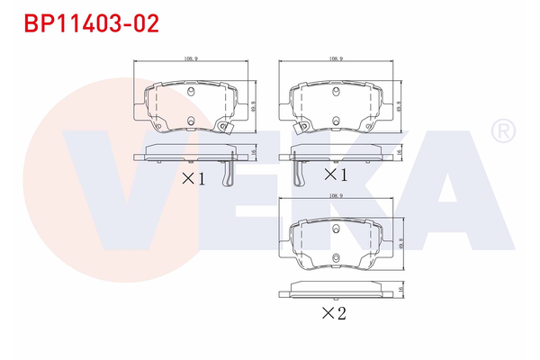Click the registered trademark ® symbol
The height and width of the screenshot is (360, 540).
coord(501,133)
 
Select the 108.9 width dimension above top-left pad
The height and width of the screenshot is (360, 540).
coord(190,58)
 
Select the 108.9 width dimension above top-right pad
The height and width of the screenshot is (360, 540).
coord(336,58)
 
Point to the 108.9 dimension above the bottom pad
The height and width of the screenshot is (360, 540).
coord(336,194)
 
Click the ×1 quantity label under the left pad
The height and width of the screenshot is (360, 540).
coord(193,178)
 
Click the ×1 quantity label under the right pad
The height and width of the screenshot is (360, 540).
coord(335,173)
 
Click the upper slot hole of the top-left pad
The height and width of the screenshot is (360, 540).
coord(191,91)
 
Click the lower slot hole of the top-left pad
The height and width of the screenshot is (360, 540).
coord(191,121)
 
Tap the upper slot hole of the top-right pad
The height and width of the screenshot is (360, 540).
coord(336,91)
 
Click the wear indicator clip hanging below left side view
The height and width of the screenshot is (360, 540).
coord(232,171)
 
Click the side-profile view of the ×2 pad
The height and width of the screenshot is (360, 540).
coord(336,290)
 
